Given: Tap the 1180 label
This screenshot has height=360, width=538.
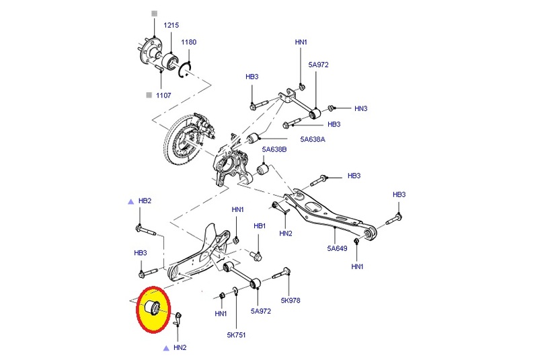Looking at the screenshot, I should pyautogui.click(x=189, y=42).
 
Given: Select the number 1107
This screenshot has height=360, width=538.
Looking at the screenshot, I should pyautogui.click(x=163, y=96).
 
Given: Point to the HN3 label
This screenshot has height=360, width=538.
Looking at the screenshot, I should pyautogui.click(x=361, y=108).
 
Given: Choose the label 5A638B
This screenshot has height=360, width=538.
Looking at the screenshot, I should pyautogui.click(x=274, y=149).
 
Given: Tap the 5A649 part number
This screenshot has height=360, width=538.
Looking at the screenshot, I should pyautogui.click(x=338, y=248).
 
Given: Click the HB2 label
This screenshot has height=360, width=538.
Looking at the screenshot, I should pyautogui.click(x=145, y=201).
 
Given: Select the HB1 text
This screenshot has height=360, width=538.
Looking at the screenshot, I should pyautogui.click(x=261, y=225).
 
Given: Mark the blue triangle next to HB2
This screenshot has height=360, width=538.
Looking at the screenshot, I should pyautogui.click(x=131, y=201).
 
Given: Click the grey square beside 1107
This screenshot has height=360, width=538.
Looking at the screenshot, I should pyautogui.click(x=149, y=96).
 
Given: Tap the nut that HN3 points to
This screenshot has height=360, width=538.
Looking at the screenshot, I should pyautogui.click(x=332, y=108).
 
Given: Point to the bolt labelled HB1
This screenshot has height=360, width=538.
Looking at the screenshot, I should pyautogui.click(x=255, y=255).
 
